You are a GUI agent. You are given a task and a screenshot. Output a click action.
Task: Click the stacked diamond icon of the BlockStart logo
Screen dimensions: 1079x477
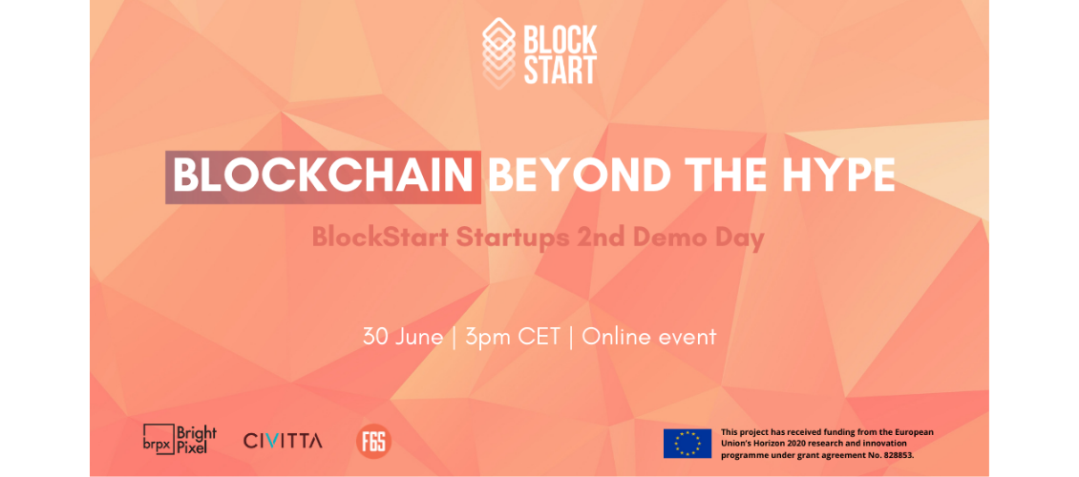point(498,52)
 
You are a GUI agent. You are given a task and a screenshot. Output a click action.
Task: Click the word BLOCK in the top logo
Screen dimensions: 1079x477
point(561,40)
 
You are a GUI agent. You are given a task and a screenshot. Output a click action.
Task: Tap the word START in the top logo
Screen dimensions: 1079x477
point(561,71)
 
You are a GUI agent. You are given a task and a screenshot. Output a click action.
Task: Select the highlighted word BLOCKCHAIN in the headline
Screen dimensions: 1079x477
point(323,176)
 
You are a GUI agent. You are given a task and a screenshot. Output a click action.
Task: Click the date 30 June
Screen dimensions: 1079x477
point(403,337)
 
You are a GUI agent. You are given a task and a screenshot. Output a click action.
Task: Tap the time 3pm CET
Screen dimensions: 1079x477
point(513,337)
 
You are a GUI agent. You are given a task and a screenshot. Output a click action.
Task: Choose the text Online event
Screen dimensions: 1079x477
point(649,337)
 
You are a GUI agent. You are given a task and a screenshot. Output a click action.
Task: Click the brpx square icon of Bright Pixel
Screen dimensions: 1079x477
point(157,439)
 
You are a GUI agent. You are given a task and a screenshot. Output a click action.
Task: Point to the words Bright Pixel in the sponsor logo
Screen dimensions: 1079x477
point(197,439)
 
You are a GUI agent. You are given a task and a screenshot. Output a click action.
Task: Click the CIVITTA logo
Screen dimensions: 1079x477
point(283,441)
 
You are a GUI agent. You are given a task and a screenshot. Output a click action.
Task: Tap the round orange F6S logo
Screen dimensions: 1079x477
point(373,442)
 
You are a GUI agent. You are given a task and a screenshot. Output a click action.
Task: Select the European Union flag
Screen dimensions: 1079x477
point(688,444)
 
